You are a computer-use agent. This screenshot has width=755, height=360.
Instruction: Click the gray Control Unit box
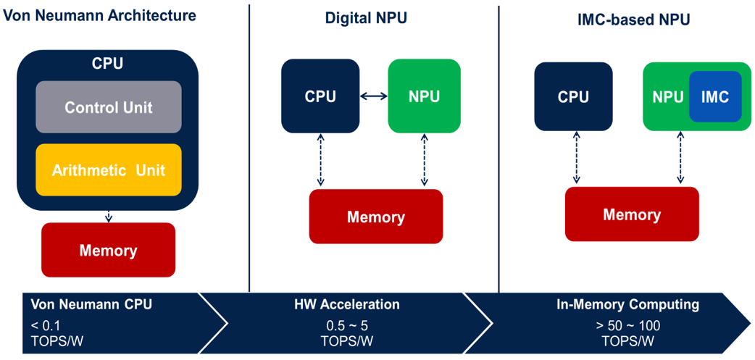[x=109, y=107]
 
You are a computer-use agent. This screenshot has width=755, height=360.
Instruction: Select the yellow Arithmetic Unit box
[x=109, y=170]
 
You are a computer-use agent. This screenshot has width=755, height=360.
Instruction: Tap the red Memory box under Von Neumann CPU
[x=109, y=250]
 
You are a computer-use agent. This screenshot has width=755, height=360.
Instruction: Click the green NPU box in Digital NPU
[x=424, y=96]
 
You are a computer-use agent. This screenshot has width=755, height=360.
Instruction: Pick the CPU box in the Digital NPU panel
[x=320, y=96]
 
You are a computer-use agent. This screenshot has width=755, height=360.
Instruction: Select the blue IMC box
[x=715, y=96]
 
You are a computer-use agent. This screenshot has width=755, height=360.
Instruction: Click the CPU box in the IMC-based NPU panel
[x=573, y=96]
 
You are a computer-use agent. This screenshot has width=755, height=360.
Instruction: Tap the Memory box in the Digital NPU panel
[x=375, y=217]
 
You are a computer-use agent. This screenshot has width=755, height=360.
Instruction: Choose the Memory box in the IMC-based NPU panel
[x=632, y=214]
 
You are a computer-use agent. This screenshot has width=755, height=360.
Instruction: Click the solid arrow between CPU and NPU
[x=374, y=97]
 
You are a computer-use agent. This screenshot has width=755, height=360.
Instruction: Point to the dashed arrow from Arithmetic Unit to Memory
[x=109, y=216]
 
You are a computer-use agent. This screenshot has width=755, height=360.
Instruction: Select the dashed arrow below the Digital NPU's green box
[x=424, y=160]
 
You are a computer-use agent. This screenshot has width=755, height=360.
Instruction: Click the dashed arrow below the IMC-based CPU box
[x=575, y=157]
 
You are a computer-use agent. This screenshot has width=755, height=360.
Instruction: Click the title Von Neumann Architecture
[x=100, y=15]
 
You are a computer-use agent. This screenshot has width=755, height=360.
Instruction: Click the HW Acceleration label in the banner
[x=346, y=305]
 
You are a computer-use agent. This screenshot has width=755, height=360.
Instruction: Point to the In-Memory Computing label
[x=627, y=304]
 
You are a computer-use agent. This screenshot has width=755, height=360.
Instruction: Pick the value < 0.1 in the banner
[x=43, y=325]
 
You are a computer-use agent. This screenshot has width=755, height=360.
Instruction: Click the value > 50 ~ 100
[x=628, y=325]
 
